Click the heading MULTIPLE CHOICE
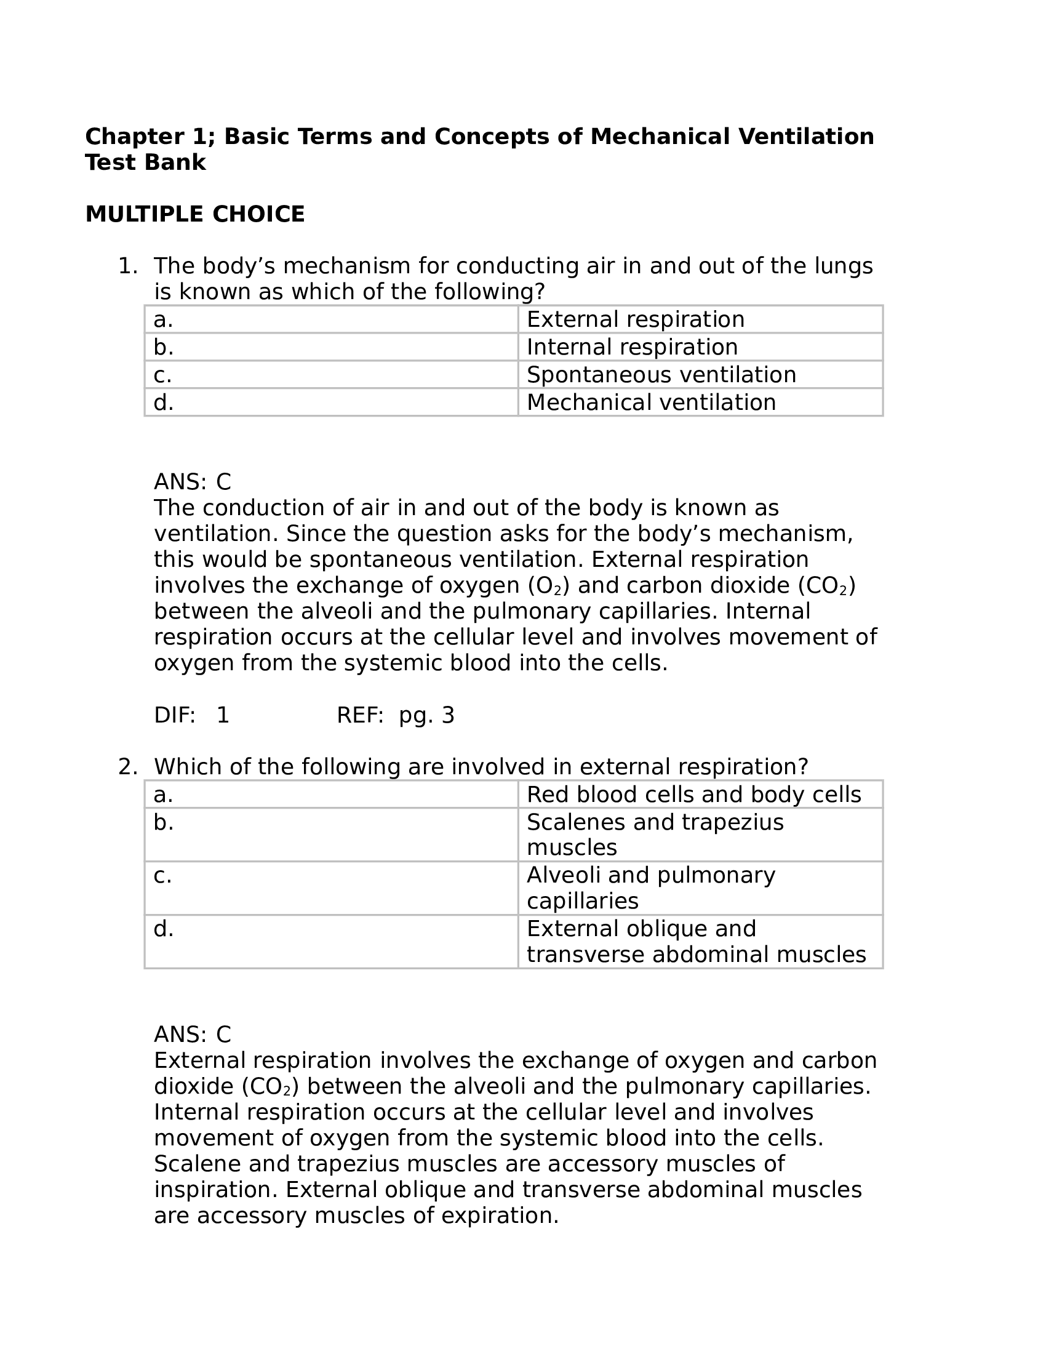(x=194, y=215)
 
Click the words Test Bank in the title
(x=145, y=162)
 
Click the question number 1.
(x=127, y=266)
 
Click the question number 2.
(x=127, y=767)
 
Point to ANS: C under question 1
(x=192, y=482)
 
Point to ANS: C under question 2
(x=192, y=1035)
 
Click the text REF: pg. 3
(x=396, y=715)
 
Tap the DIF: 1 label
(x=191, y=715)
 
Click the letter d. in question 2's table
(x=164, y=929)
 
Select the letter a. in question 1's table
(x=164, y=320)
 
